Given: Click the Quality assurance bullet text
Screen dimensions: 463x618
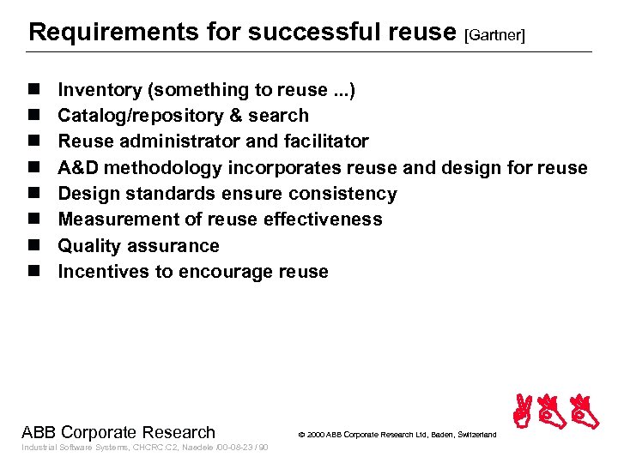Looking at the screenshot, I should click(138, 246).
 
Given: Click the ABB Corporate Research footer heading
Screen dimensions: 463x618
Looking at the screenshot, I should click(118, 432).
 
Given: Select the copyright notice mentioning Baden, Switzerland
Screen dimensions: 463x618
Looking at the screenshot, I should click(397, 435).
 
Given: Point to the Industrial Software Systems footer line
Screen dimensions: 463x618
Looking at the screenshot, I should click(144, 448).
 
